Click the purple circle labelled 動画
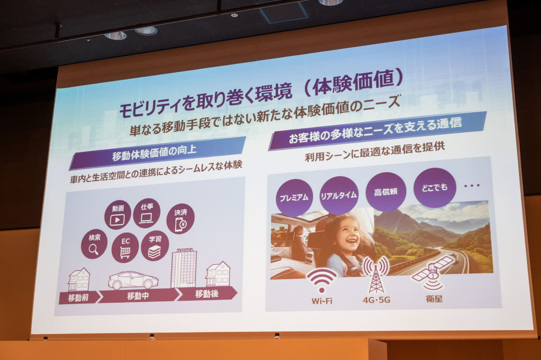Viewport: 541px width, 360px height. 118,215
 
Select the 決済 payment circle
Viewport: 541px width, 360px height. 180,219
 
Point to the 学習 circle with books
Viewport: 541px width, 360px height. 155,246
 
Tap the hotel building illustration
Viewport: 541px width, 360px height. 184,268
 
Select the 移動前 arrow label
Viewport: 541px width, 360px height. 78,297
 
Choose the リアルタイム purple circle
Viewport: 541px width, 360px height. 339,195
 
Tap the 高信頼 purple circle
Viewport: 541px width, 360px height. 386,192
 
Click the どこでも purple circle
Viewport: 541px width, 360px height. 435,187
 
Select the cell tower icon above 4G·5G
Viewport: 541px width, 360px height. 376,274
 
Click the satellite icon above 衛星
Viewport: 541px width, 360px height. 433,273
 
